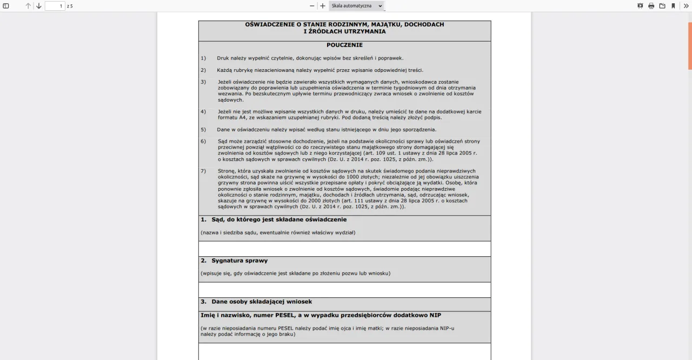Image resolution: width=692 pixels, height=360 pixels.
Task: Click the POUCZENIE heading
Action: (344, 45)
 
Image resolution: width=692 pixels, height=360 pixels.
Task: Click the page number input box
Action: (55, 6)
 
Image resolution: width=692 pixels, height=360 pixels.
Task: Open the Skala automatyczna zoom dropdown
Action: (357, 6)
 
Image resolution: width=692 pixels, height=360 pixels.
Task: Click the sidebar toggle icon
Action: (6, 6)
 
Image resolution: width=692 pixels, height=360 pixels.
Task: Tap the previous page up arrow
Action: (29, 6)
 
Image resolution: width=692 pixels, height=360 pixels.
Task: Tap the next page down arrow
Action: (39, 6)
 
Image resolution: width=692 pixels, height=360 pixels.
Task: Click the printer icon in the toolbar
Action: (651, 6)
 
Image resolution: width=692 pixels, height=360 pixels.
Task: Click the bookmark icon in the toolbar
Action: (673, 6)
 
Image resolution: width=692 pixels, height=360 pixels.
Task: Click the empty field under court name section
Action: (344, 249)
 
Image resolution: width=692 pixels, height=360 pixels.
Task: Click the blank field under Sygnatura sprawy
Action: (344, 290)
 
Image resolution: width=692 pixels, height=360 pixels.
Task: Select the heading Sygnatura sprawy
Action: (239, 261)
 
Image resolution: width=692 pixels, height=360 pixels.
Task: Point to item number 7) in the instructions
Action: (203, 171)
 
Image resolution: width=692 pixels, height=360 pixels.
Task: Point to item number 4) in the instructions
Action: (203, 111)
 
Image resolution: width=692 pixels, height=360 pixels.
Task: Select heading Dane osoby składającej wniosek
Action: (262, 302)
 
